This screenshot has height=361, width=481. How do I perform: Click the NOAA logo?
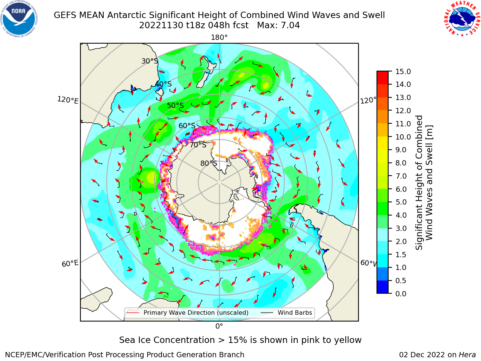(x=19, y=19)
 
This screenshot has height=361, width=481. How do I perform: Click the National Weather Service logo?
(x=462, y=19)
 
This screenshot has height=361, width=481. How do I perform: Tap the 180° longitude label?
(x=219, y=38)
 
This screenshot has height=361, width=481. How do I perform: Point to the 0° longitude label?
(x=219, y=326)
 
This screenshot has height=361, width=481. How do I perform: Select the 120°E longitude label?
(x=68, y=100)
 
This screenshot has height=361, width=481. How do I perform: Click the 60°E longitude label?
(x=70, y=264)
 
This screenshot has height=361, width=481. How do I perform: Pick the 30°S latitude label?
(x=150, y=61)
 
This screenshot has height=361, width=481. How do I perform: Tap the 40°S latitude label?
(x=163, y=84)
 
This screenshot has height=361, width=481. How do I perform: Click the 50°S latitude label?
(x=175, y=105)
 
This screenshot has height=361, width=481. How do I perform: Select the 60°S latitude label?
(x=187, y=126)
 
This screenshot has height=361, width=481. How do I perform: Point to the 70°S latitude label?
(x=198, y=145)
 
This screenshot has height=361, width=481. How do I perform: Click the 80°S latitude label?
(x=209, y=163)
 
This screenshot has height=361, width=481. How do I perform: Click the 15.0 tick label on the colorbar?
(x=403, y=71)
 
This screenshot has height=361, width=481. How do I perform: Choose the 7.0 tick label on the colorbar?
(x=401, y=176)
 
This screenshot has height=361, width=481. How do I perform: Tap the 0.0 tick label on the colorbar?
(x=401, y=294)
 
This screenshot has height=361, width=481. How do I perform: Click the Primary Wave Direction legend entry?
(x=188, y=313)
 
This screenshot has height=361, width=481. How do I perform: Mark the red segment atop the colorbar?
(x=383, y=78)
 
